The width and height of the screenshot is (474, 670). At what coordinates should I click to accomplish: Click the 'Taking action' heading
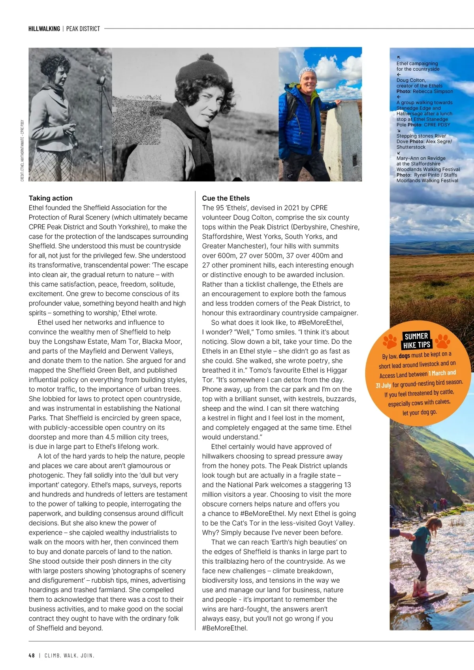point(51,198)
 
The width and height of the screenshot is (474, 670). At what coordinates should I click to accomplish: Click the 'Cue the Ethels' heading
point(226,198)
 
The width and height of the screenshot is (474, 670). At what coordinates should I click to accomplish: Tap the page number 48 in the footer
point(32,655)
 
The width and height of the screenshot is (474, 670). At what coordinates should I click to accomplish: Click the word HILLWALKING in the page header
point(44,29)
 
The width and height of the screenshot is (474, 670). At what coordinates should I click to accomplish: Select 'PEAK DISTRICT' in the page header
point(83,29)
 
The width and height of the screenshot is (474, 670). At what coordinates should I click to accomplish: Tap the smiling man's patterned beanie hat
point(308,72)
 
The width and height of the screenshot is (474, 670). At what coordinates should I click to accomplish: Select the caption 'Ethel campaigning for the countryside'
point(418,66)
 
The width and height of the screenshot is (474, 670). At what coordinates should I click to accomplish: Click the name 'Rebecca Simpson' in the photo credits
point(433,91)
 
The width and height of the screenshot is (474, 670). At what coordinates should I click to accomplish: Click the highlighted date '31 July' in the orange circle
point(384,386)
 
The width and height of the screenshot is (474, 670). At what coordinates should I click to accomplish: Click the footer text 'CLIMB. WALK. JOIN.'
point(70,655)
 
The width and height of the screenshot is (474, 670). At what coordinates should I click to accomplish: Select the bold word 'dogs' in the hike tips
point(404,356)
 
